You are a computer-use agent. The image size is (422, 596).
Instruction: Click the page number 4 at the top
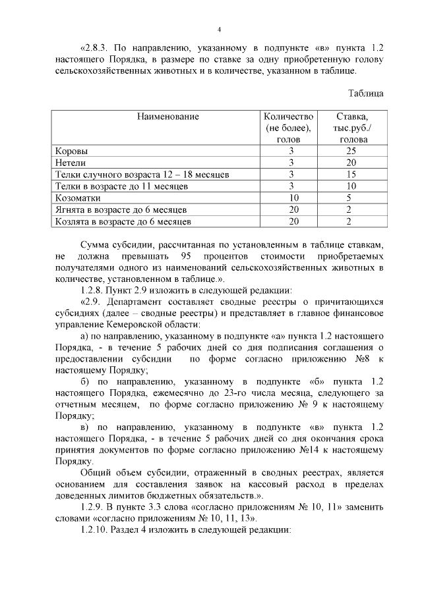(219, 30)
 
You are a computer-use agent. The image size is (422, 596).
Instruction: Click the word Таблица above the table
(365, 93)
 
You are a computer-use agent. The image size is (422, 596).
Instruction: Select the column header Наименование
(168, 117)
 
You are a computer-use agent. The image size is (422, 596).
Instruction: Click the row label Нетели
(71, 163)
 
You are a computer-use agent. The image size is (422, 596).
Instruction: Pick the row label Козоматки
(78, 198)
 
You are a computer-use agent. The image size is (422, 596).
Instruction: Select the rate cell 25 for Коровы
(352, 151)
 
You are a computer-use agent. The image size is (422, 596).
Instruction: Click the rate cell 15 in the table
(352, 175)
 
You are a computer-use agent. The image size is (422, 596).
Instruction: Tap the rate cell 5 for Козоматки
(352, 198)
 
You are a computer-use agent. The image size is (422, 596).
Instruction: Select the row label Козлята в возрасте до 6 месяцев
(123, 221)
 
